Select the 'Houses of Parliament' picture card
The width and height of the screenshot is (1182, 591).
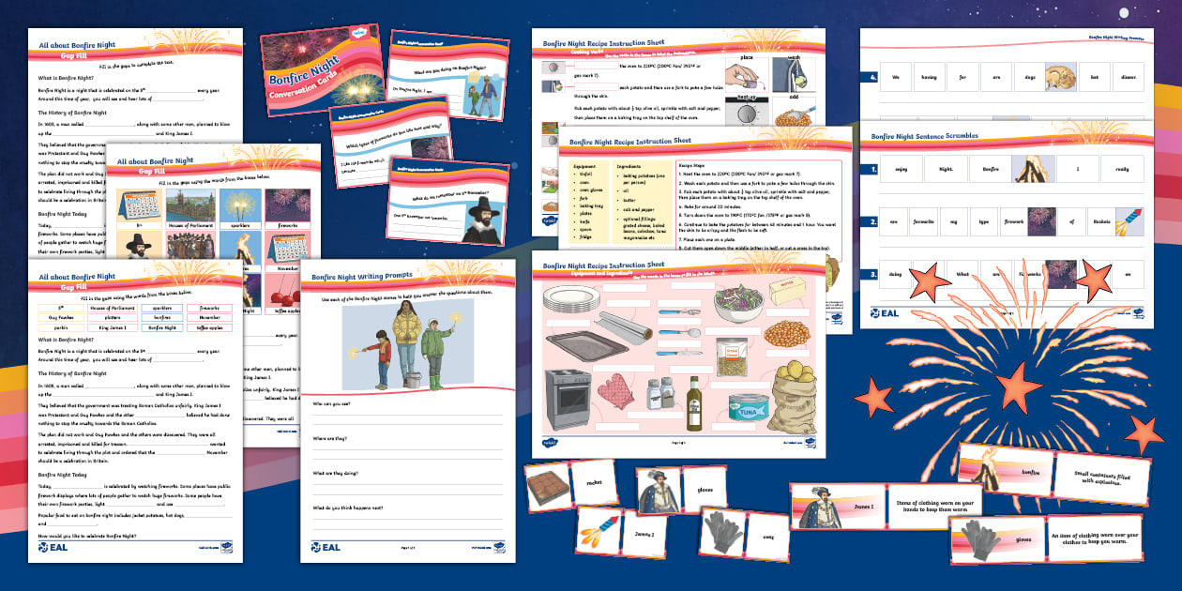[x=190, y=210]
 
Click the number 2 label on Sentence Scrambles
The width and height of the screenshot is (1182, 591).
[x=872, y=221]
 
